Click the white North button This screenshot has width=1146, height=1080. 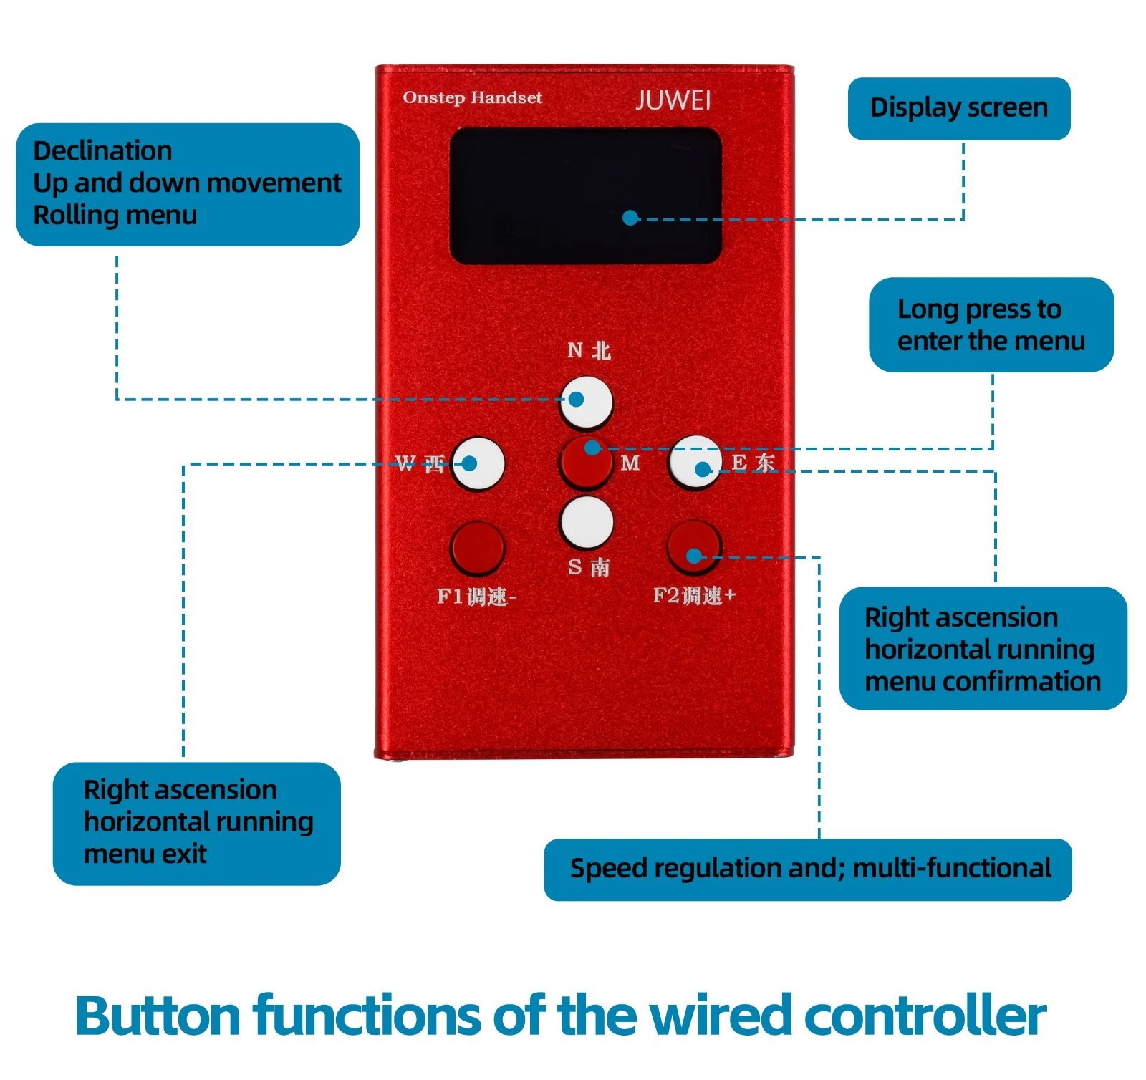point(586,401)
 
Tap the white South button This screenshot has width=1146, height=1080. point(586,521)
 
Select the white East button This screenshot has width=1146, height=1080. point(694,462)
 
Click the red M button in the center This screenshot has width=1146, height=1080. point(586,462)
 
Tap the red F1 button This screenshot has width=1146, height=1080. point(477,549)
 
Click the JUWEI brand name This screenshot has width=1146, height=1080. point(673,100)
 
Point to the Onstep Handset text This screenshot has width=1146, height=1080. point(473,97)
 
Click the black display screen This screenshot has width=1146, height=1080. point(584,195)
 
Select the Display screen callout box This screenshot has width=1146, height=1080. point(958,108)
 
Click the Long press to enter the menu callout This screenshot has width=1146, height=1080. point(991,324)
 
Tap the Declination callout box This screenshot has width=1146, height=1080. point(187,184)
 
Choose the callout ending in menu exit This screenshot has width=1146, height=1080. point(196,823)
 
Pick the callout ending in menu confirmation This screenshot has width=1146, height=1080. point(983,648)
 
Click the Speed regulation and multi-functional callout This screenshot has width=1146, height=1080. point(807,869)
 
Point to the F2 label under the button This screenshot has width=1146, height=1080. point(694,595)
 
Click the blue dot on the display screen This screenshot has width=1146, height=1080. point(630,218)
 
